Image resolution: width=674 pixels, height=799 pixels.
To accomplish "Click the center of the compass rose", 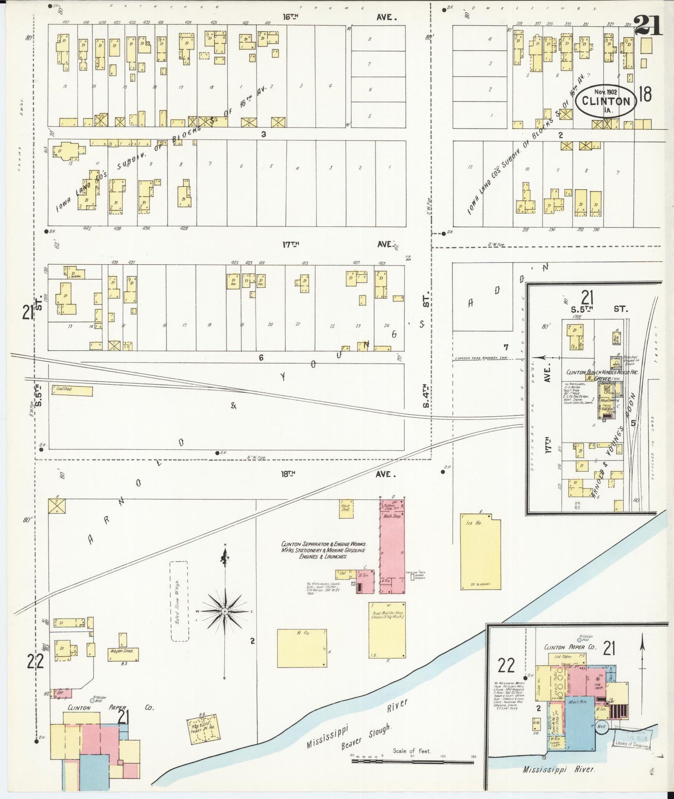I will pos(225,611).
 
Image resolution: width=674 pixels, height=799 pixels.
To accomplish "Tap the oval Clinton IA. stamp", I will pos(606,101).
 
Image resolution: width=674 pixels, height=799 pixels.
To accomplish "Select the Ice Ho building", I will pos(480,552).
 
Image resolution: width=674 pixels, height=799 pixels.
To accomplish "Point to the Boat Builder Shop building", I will pos(387,630).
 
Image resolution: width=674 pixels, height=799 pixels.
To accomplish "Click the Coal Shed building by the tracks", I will pos(72,391).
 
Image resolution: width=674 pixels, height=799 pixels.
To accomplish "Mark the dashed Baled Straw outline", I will pos(179,601).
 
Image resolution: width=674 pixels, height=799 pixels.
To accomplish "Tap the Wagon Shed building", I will pos(123,654).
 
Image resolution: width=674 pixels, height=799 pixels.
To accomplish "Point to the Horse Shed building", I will pos(346,509).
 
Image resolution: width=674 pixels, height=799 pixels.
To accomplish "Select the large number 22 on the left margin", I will pos(35,662).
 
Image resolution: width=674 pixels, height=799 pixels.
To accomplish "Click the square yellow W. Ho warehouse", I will pos(302,648).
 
